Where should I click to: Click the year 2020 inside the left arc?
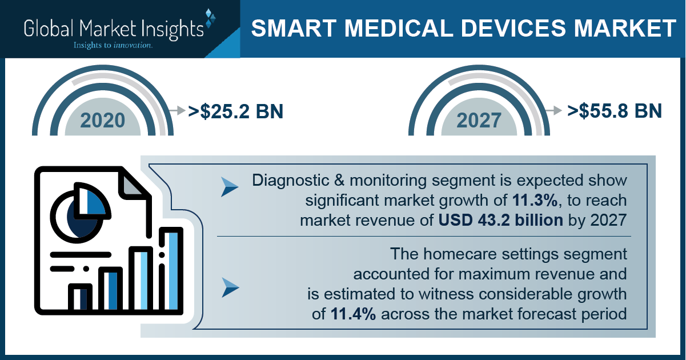coord(103,121)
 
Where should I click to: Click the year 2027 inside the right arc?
coord(479,121)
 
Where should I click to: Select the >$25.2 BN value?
coord(235,111)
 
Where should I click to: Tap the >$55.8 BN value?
coord(615,111)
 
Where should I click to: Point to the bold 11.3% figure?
coord(535,201)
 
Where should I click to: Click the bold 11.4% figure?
coord(353,314)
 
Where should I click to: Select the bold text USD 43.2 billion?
coord(501,221)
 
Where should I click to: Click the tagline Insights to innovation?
coord(113,45)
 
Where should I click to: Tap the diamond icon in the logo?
coord(210,18)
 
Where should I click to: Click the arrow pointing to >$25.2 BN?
coord(177,110)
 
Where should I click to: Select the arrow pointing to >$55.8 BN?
coord(553,110)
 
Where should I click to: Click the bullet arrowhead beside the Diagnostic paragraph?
coord(230,187)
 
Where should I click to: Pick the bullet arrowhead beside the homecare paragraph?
coord(230,287)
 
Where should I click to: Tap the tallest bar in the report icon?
coord(171,270)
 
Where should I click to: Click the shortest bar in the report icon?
coord(80,298)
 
